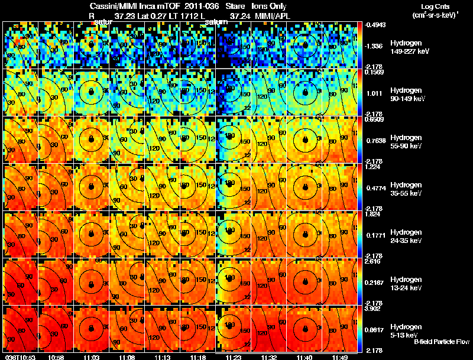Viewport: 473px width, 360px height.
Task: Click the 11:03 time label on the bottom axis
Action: (x=90, y=357)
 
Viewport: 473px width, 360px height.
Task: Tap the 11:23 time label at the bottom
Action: (x=232, y=357)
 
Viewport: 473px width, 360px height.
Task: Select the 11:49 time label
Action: (x=339, y=357)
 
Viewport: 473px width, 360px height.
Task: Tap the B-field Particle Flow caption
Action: (x=441, y=342)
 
